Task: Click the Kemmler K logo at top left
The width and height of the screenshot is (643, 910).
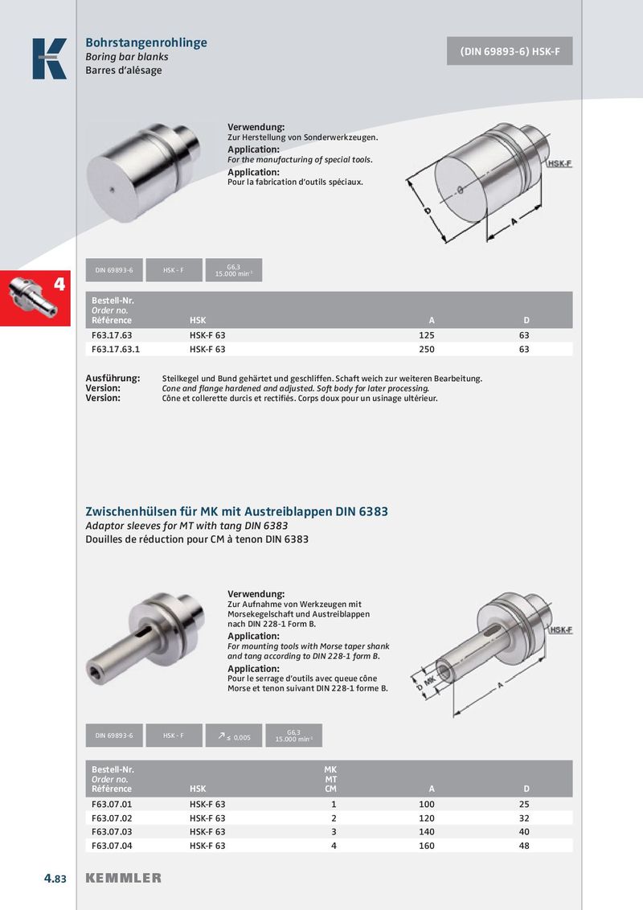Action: point(49,59)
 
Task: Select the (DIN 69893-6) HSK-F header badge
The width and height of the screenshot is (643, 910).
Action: point(510,51)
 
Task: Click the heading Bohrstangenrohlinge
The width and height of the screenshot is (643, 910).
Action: point(146,43)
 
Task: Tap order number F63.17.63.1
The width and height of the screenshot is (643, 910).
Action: point(116,350)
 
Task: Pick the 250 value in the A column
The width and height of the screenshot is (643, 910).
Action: point(427,350)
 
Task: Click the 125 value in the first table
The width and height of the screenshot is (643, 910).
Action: point(427,334)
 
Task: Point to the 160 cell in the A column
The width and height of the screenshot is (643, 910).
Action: point(427,846)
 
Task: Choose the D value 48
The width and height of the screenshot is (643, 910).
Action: point(526,846)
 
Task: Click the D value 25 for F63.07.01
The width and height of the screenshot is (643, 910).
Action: point(526,804)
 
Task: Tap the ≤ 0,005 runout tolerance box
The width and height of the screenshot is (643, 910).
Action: point(234,736)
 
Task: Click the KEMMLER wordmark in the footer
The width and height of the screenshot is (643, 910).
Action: point(124,878)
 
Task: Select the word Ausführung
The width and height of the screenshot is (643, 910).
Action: point(113,378)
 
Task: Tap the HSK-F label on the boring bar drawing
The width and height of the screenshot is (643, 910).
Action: point(559,163)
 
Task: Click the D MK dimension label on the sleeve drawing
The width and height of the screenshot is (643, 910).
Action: point(425,685)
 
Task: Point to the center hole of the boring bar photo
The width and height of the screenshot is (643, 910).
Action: point(112,191)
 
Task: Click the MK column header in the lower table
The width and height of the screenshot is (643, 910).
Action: point(330,770)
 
